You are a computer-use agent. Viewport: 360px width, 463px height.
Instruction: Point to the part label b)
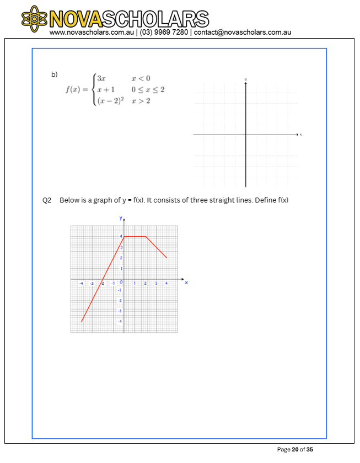click(54, 73)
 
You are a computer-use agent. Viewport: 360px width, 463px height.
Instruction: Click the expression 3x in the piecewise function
click(101, 78)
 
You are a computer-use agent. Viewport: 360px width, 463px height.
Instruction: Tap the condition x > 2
click(141, 100)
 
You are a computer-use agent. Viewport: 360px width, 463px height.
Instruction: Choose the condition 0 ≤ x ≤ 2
click(147, 89)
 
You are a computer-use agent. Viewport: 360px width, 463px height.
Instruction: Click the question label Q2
click(47, 200)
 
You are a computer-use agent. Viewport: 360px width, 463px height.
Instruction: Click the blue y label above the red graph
click(121, 218)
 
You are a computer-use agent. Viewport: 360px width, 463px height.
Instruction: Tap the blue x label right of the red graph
click(186, 283)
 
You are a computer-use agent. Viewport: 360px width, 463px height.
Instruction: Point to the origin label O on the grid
click(121, 283)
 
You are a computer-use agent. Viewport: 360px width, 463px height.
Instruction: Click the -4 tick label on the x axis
click(81, 283)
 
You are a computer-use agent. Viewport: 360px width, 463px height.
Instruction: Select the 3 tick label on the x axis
click(156, 283)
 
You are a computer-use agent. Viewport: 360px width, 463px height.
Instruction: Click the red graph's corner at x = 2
click(146, 236)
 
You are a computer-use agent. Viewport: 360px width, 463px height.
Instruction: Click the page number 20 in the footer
click(295, 450)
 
